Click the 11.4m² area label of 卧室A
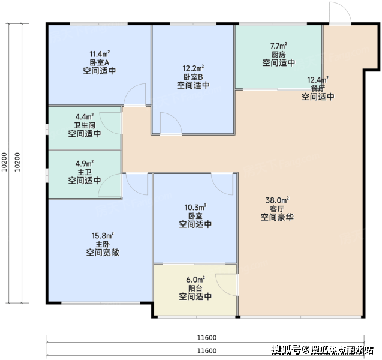pyautogui.click(x=100, y=53)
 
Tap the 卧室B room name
pyautogui.click(x=193, y=77)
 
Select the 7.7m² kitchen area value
pyautogui.click(x=278, y=46)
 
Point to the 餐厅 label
pyautogui.click(x=318, y=88)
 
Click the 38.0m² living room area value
pyautogui.click(x=277, y=200)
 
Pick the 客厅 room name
pyautogui.click(x=277, y=209)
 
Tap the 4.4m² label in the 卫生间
pyautogui.click(x=85, y=116)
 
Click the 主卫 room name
pyautogui.click(x=85, y=172)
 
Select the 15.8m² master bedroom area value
pyautogui.click(x=103, y=236)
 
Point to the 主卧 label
pyautogui.click(x=103, y=244)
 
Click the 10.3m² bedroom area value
pyautogui.click(x=195, y=208)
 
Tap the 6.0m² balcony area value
pyautogui.click(x=195, y=280)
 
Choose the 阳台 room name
pyautogui.click(x=195, y=289)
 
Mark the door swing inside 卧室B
pyautogui.click(x=175, y=118)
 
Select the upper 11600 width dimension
pyautogui.click(x=206, y=338)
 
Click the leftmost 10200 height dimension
pyautogui.click(x=4, y=162)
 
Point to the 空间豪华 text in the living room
pyautogui.click(x=277, y=217)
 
